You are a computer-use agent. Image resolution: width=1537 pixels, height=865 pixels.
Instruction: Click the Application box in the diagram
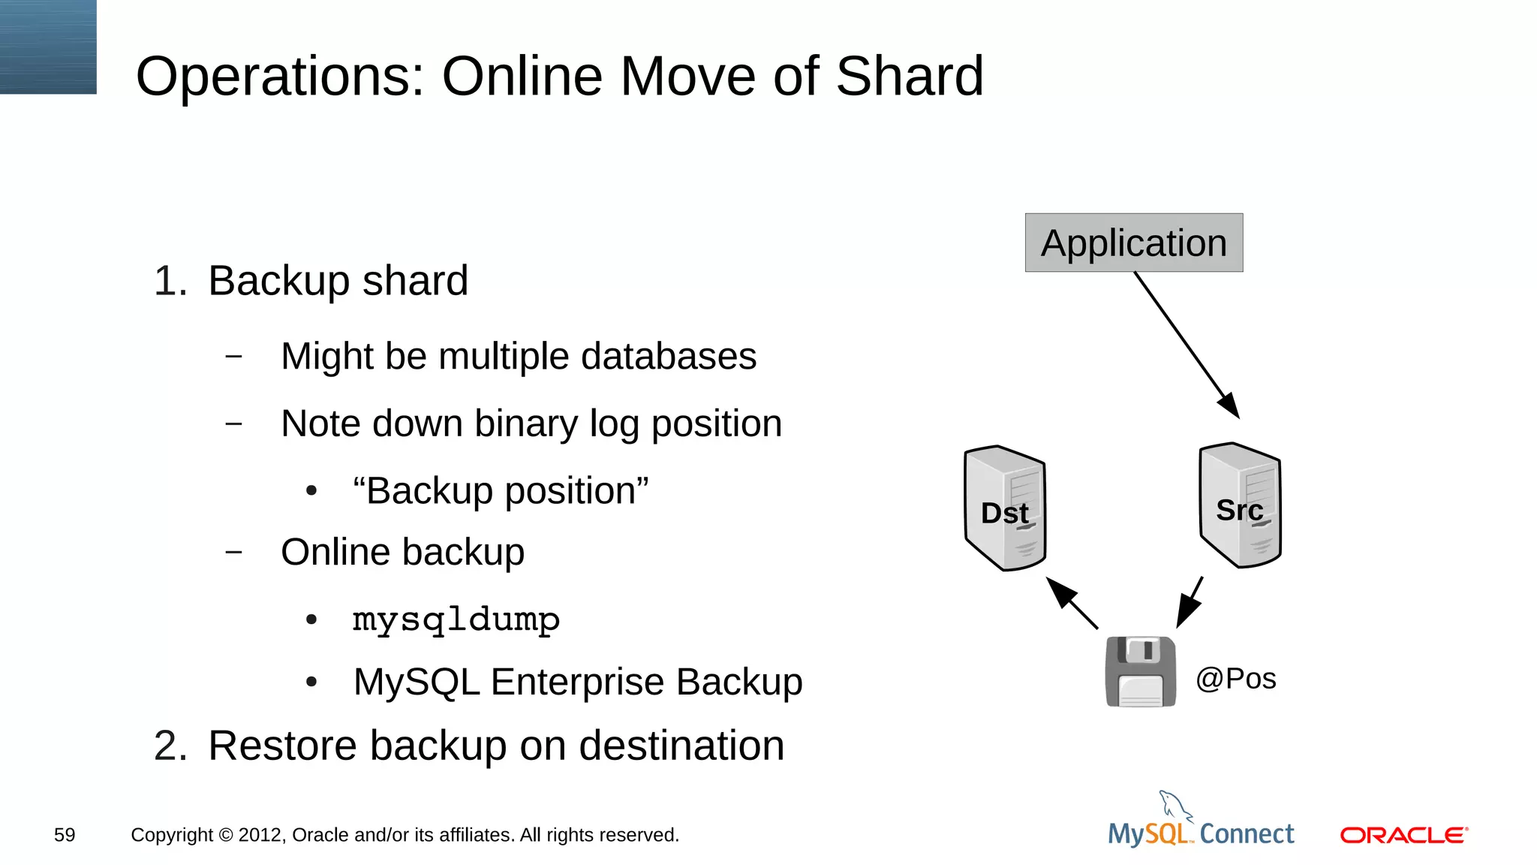pyautogui.click(x=1133, y=243)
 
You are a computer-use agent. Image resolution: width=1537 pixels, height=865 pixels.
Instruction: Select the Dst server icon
pyautogui.click(x=1004, y=508)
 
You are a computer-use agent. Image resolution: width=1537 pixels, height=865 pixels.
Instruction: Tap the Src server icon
pyautogui.click(x=1240, y=505)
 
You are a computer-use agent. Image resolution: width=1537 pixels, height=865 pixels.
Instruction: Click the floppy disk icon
pyautogui.click(x=1140, y=671)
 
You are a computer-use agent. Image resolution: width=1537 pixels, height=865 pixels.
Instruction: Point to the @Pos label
pyautogui.click(x=1235, y=679)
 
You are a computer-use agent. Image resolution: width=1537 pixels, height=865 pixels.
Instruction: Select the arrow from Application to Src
pyautogui.click(x=1186, y=344)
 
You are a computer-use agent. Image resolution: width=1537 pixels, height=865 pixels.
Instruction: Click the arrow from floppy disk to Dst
pyautogui.click(x=1072, y=603)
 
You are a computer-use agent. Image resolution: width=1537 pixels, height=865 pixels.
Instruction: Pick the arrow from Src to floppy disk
pyautogui.click(x=1190, y=602)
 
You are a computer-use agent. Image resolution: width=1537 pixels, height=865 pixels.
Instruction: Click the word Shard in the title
pyautogui.click(x=909, y=77)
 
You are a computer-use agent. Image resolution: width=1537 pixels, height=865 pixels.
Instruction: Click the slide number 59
pyautogui.click(x=65, y=835)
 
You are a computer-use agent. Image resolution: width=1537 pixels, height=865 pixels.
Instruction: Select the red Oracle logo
pyautogui.click(x=1403, y=835)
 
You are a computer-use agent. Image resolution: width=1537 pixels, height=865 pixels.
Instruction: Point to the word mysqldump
pyautogui.click(x=456, y=620)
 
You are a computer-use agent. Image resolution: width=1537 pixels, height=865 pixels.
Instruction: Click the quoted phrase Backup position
pyautogui.click(x=501, y=491)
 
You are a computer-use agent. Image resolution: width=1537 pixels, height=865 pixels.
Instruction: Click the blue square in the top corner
pyautogui.click(x=48, y=47)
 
